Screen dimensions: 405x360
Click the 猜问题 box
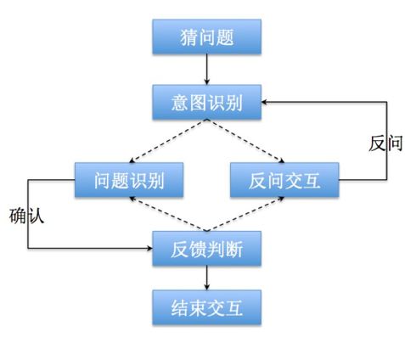[x=206, y=37]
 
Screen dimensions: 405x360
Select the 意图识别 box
[x=206, y=102]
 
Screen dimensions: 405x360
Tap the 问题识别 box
[x=129, y=180]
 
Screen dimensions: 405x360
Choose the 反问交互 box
[x=284, y=180]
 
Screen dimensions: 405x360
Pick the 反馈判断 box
[x=206, y=249]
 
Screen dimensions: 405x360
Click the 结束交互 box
[x=206, y=307]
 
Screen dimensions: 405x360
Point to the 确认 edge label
[x=26, y=217]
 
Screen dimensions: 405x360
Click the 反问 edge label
[x=385, y=143]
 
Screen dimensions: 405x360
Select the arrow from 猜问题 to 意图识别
[x=206, y=70]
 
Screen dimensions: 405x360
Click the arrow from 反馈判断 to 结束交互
[x=206, y=278]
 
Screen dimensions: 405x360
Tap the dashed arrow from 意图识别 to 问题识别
[x=168, y=141]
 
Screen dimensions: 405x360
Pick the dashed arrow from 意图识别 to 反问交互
[x=245, y=141]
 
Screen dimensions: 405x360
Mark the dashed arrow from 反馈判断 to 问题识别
[x=168, y=214]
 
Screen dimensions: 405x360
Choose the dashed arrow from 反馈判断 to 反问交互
[x=245, y=214]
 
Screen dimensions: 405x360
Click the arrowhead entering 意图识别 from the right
[x=265, y=102]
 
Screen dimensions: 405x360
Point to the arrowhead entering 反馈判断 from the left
[x=149, y=249]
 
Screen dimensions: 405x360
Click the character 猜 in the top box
[x=189, y=37]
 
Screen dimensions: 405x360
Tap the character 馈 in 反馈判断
[x=198, y=249]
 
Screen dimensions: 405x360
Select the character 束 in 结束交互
[x=198, y=308]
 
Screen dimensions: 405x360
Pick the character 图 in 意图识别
[x=198, y=103]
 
